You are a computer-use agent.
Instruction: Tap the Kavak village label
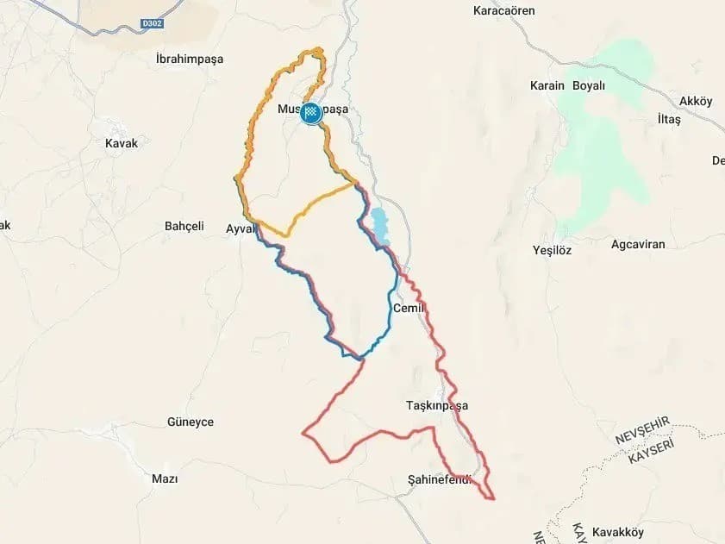(121, 143)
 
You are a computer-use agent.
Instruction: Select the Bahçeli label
(184, 226)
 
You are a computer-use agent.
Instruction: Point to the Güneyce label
(190, 422)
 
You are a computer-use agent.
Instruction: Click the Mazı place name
(164, 478)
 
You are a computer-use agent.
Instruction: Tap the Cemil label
(409, 308)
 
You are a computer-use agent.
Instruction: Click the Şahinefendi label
(441, 479)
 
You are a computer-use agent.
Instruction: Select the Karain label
(547, 86)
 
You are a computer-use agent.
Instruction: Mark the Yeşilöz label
(552, 250)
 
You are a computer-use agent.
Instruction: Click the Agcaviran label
(638, 244)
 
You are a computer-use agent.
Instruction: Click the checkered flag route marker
(311, 113)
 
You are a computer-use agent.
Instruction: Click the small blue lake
(378, 224)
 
